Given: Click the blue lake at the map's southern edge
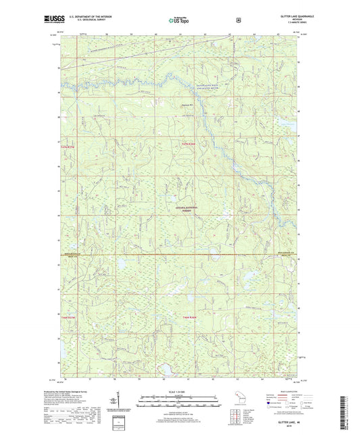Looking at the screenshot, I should tap(165, 369).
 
